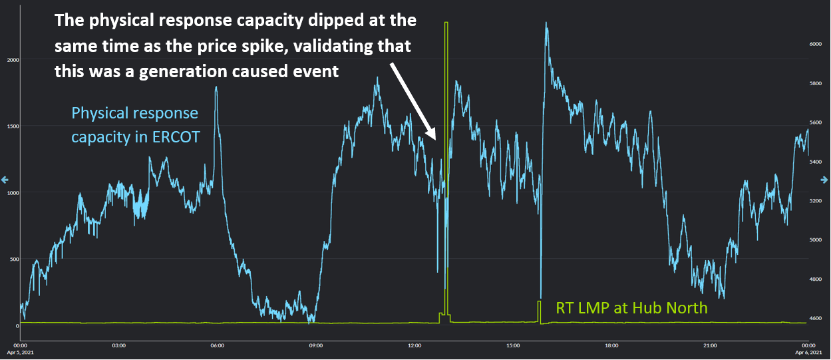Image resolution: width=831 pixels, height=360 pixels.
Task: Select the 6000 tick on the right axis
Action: click(x=815, y=44)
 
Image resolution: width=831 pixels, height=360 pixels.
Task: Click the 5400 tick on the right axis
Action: click(x=815, y=162)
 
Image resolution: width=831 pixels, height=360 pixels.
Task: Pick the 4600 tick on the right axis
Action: click(x=815, y=319)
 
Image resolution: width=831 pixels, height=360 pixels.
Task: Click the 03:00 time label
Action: click(x=118, y=345)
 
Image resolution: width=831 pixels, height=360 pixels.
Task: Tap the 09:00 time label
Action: click(x=315, y=345)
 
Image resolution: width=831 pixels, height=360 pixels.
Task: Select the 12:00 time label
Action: click(x=415, y=345)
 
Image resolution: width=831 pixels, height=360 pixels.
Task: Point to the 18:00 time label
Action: click(x=611, y=345)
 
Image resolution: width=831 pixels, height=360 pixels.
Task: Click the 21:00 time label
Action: click(x=710, y=345)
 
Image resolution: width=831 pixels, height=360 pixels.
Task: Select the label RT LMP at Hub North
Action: click(x=631, y=307)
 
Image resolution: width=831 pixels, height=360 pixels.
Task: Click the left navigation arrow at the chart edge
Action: click(x=4, y=180)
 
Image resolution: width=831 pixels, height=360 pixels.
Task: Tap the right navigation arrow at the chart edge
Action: click(x=826, y=180)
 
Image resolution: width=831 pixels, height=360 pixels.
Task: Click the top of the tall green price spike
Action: click(x=447, y=23)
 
